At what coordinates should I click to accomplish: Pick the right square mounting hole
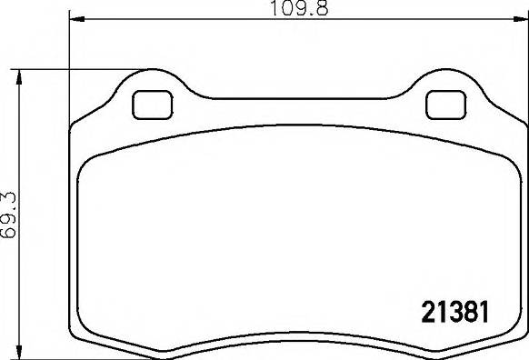pos(445,105)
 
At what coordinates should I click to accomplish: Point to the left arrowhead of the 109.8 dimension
pos(75,18)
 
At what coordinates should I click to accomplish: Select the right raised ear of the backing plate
pos(445,86)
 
